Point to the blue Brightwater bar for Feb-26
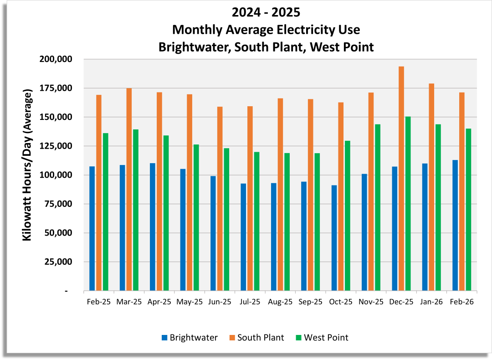coord(455,225)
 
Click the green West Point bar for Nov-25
coord(378,207)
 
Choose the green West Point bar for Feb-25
coord(105,212)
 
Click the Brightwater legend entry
coord(189,338)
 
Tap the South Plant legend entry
coord(256,338)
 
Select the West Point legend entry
coord(322,338)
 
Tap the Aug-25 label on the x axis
coord(280,302)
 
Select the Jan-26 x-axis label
coord(431,302)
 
